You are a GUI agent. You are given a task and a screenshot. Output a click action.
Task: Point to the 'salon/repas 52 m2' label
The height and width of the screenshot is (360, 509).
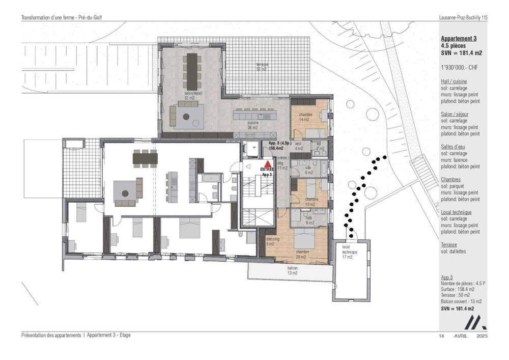point(192,96)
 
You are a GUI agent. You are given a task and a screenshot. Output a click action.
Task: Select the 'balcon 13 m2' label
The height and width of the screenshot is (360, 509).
point(292,270)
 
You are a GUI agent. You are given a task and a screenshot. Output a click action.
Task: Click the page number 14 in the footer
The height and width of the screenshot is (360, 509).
point(441,336)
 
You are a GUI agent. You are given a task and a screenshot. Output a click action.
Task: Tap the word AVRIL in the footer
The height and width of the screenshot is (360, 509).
point(461,336)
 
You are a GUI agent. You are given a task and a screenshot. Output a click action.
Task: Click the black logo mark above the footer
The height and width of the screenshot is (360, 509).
point(477,322)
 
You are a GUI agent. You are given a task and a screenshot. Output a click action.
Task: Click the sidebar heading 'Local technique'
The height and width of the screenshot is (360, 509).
point(456,212)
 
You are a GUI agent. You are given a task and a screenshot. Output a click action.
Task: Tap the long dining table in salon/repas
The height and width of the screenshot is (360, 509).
point(193,67)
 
